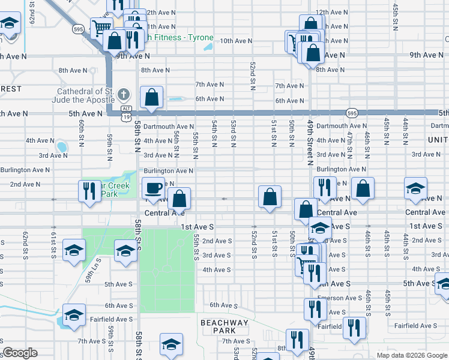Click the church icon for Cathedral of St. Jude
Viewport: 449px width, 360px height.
[x=123, y=95]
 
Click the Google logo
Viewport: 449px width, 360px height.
[x=20, y=353]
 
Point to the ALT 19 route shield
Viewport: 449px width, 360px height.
[x=125, y=113]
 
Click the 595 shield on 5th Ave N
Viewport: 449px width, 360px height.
[x=352, y=113]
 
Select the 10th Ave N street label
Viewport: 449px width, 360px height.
[x=235, y=41]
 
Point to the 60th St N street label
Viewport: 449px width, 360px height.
[x=81, y=133]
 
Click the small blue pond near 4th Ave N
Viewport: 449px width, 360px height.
[x=61, y=146]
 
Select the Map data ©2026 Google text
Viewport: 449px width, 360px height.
[x=412, y=355]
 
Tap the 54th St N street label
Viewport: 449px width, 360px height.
[x=214, y=133]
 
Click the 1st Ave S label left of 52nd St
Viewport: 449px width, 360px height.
[x=197, y=227]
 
